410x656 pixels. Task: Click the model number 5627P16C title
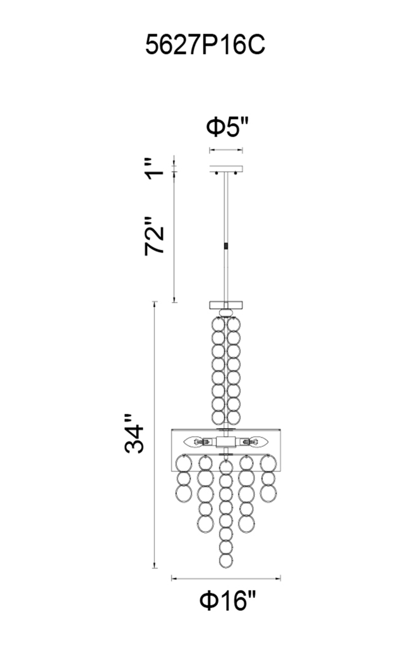[x=205, y=45]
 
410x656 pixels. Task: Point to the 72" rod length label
[x=155, y=236]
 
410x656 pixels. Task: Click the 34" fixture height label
[x=134, y=434]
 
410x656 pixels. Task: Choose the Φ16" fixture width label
[x=227, y=601]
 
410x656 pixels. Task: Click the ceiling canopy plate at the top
[x=226, y=169]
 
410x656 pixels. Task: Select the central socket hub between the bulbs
[x=226, y=442]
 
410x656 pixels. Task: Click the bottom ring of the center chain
[x=226, y=560]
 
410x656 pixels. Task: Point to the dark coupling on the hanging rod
[x=226, y=246]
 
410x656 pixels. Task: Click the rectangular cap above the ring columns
[x=226, y=305]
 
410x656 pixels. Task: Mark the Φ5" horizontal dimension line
[x=226, y=150]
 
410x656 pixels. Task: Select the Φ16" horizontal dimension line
[x=226, y=579]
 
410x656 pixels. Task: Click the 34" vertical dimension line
[x=155, y=435]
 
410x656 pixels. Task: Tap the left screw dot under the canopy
[x=216, y=174]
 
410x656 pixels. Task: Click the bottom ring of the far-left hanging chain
[x=184, y=492]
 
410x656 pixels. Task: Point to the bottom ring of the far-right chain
[x=268, y=492]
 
